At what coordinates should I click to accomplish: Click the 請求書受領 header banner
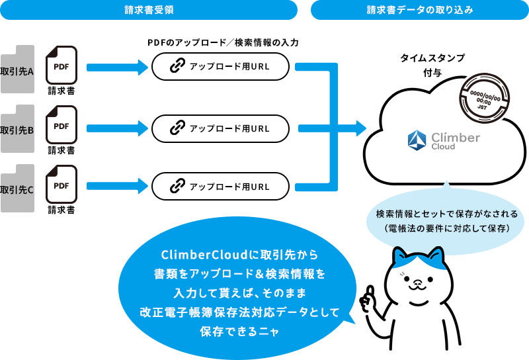click(x=149, y=10)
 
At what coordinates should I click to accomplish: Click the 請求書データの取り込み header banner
click(x=419, y=10)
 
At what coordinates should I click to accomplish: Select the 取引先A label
click(x=17, y=71)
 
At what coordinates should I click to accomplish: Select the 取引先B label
click(x=17, y=130)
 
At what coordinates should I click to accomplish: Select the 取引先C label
click(x=17, y=189)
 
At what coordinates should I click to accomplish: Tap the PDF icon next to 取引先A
click(x=61, y=64)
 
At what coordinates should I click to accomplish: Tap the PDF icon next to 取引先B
click(x=61, y=124)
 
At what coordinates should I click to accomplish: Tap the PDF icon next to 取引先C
click(x=61, y=183)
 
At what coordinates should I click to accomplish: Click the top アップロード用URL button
click(x=220, y=67)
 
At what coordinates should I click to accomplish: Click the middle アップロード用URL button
click(x=220, y=128)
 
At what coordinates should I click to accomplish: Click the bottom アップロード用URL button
click(x=220, y=187)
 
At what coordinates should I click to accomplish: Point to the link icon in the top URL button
click(x=177, y=67)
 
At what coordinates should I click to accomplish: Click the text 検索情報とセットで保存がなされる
click(x=446, y=214)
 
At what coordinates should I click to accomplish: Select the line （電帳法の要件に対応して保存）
click(x=446, y=229)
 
